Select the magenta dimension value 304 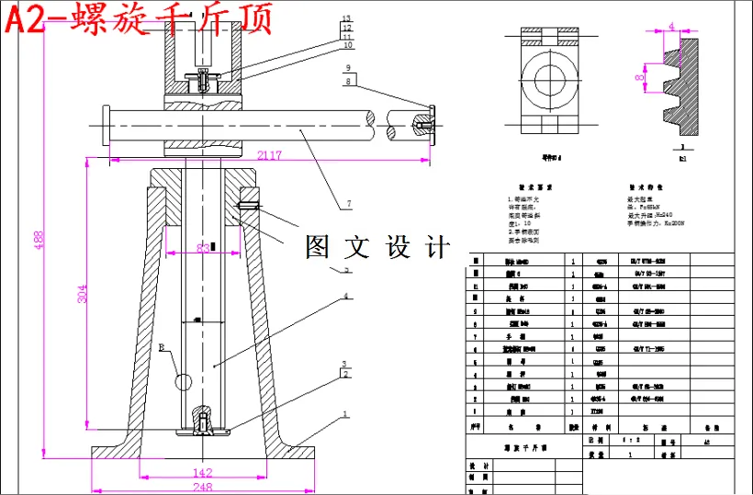82,295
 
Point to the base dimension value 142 203,474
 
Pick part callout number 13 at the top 346,18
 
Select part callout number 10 346,44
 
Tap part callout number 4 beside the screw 345,297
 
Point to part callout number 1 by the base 345,414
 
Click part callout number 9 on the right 348,68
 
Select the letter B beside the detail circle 163,348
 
